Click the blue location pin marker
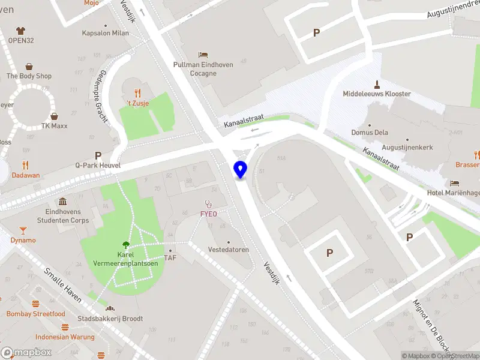click(x=240, y=170)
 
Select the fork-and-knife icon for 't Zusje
click(x=138, y=92)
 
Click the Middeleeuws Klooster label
click(x=377, y=94)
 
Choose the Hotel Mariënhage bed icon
click(x=455, y=183)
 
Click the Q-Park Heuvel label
click(x=98, y=165)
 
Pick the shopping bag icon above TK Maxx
click(x=54, y=116)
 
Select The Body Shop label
click(x=29, y=76)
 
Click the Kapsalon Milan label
click(x=106, y=33)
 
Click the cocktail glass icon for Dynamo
click(x=23, y=230)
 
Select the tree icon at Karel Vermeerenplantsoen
click(x=125, y=244)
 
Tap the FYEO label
click(x=209, y=214)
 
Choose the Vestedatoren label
click(x=228, y=250)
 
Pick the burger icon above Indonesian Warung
click(x=65, y=327)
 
